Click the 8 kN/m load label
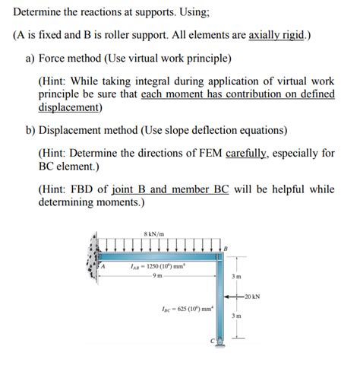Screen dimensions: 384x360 coord(154,233)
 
